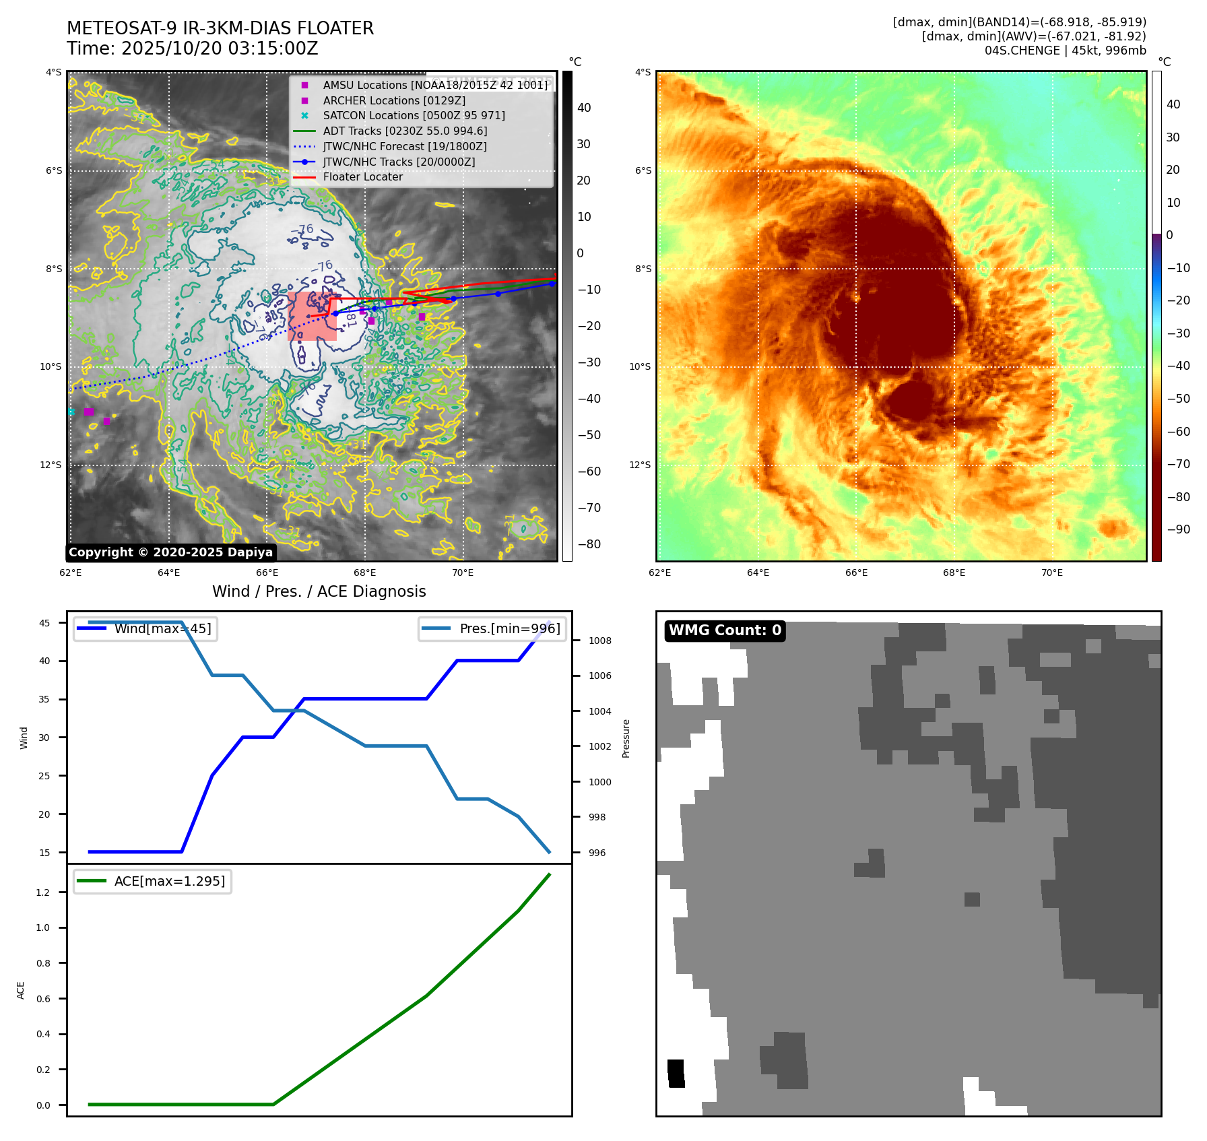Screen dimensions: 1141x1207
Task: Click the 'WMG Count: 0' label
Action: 725,630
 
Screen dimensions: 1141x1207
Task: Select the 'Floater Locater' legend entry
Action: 362,177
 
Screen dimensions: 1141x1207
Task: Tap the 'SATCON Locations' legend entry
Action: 414,116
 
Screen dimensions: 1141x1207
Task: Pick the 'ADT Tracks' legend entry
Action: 405,131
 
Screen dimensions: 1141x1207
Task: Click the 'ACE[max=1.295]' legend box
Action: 153,881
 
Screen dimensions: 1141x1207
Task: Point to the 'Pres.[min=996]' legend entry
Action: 492,629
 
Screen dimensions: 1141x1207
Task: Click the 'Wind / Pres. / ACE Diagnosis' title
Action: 319,591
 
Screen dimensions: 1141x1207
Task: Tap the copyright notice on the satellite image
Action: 170,552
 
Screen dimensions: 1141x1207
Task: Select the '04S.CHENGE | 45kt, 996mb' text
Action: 1065,51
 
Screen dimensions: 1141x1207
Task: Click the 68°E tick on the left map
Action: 365,573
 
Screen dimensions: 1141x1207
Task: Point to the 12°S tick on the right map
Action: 640,465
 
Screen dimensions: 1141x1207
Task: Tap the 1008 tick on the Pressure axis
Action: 599,641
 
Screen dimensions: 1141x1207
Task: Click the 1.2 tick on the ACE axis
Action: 43,892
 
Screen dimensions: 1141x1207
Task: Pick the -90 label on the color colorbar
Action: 1178,529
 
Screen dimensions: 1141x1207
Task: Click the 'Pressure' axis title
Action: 626,738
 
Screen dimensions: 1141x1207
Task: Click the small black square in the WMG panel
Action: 676,1073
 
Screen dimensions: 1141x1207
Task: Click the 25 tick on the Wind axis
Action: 44,776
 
